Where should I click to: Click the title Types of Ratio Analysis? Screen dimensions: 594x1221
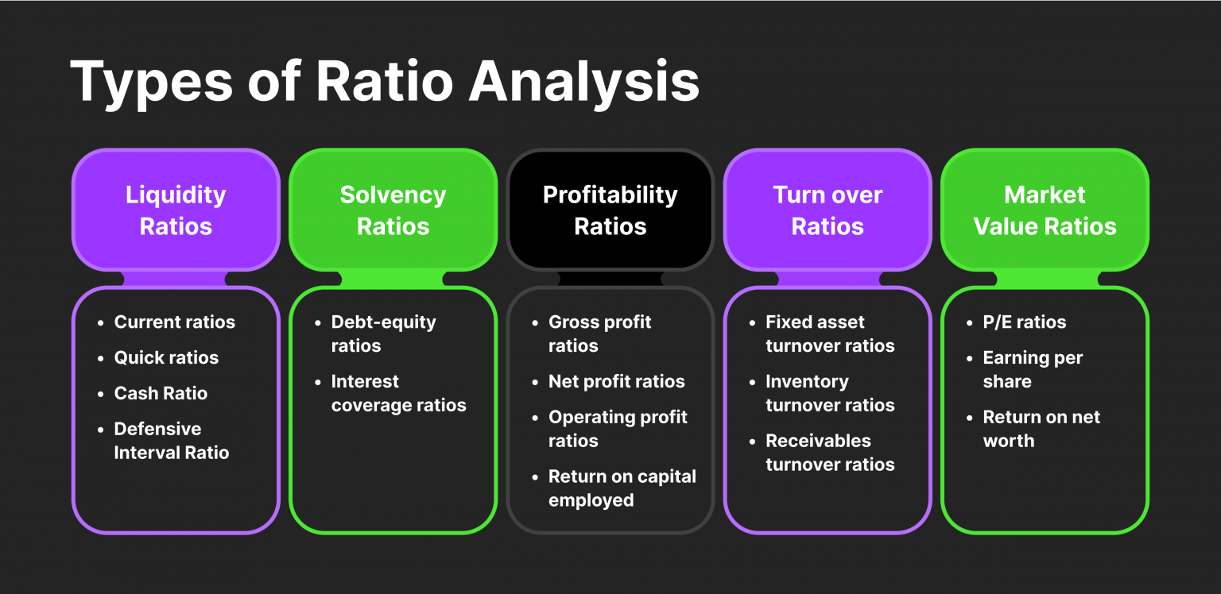point(385,82)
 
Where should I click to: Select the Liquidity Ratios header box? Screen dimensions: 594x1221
point(176,210)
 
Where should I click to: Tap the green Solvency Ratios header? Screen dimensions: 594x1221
point(393,210)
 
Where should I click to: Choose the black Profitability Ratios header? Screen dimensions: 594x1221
point(610,210)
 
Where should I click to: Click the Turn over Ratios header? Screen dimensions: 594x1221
point(827,210)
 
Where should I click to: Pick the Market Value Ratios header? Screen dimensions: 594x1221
point(1045,210)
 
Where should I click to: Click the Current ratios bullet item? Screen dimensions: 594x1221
point(174,322)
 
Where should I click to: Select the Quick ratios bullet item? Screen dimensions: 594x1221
point(166,358)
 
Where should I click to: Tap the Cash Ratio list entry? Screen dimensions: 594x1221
point(161,394)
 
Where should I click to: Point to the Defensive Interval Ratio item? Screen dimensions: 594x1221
point(171,441)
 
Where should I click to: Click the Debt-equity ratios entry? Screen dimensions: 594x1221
point(383,334)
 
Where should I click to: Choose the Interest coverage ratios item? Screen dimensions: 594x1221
point(398,393)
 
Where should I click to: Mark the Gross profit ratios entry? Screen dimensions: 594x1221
point(599,334)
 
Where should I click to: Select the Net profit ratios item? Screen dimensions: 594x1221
point(616,382)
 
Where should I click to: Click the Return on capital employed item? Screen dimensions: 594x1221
point(622,488)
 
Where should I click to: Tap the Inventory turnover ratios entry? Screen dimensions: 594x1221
point(829,393)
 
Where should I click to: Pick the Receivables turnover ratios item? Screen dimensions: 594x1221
point(829,453)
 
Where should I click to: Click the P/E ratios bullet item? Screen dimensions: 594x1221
point(1024,322)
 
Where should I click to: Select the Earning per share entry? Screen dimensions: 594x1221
point(1032,369)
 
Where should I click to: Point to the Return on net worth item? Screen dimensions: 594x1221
point(1041,429)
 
